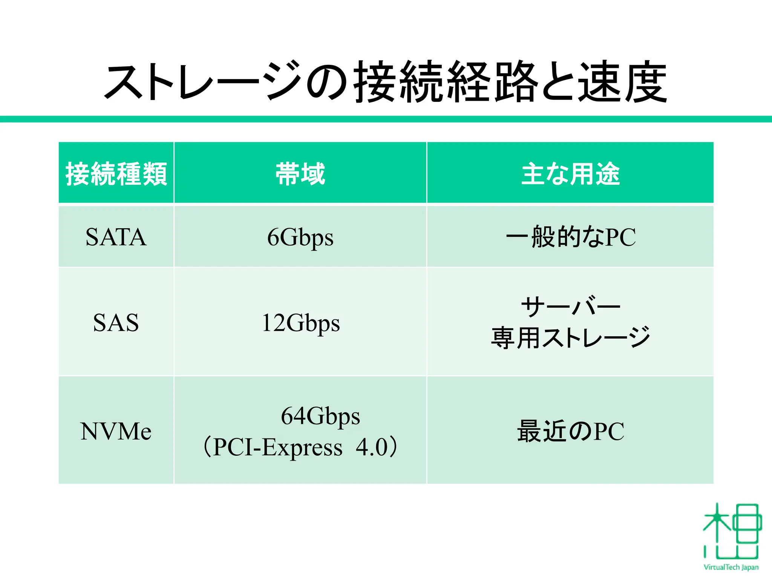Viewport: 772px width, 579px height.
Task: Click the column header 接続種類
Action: (x=116, y=174)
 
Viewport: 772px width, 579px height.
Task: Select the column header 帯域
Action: (x=300, y=174)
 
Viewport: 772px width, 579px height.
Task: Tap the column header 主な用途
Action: (x=570, y=174)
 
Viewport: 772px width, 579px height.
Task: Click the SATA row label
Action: (x=116, y=237)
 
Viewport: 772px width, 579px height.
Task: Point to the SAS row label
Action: (x=116, y=323)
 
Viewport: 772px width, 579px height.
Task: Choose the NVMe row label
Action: (x=116, y=431)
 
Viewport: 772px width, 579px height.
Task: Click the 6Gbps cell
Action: (x=300, y=237)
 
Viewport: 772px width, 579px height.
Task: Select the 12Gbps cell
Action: (x=300, y=323)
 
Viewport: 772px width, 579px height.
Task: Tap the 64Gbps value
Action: (x=320, y=416)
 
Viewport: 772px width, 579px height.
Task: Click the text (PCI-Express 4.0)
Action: (x=300, y=447)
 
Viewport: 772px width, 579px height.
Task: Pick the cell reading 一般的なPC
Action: (x=570, y=237)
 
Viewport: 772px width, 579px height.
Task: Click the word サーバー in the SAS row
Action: (x=570, y=306)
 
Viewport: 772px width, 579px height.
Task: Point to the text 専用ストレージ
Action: (x=570, y=338)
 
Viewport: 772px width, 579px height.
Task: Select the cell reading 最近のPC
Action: (x=570, y=431)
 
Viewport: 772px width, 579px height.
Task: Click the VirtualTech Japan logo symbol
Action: (x=731, y=532)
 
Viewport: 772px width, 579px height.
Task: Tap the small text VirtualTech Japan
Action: (x=731, y=567)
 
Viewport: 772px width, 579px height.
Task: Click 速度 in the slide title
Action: (x=622, y=82)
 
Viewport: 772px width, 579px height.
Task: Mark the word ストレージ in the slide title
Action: (x=204, y=82)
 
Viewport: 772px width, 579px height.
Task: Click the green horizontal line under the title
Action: (x=386, y=119)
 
